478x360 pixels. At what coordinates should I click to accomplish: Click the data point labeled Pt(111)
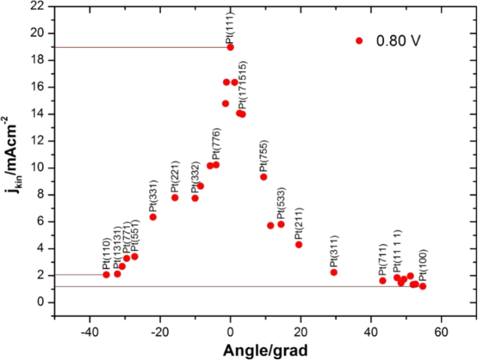pos(230,47)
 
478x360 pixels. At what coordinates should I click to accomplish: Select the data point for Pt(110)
pos(106,275)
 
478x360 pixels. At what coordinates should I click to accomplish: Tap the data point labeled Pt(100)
pos(422,286)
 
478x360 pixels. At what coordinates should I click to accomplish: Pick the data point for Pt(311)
pos(334,272)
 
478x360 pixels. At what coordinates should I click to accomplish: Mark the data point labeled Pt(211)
pos(298,245)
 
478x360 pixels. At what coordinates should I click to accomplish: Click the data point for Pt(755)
pos(264,177)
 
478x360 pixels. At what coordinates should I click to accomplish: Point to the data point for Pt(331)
pos(153,216)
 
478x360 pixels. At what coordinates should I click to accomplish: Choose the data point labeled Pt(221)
pos(174,198)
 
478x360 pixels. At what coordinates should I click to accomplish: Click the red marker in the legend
pos(359,41)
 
